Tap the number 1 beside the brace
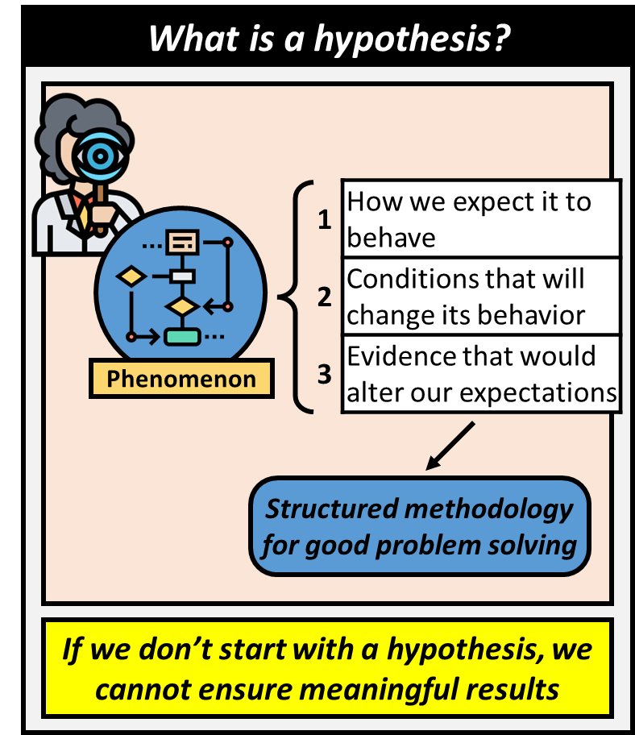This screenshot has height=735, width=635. tap(325, 219)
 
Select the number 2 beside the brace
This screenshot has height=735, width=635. tap(325, 297)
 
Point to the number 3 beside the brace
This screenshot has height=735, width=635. tap(325, 375)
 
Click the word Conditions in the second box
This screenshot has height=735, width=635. tap(413, 279)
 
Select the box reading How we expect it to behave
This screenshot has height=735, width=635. tap(481, 218)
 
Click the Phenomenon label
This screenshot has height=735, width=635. tap(181, 379)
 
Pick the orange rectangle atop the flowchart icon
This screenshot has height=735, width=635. tap(181, 241)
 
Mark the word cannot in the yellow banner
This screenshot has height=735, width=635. tap(146, 690)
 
